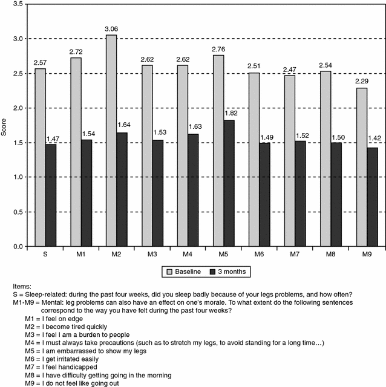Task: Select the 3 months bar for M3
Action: (159, 193)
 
